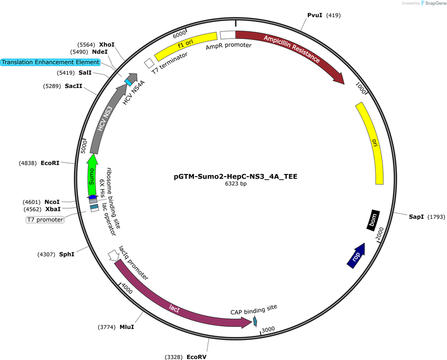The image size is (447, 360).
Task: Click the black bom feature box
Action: (x=373, y=220)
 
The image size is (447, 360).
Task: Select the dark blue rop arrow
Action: (x=356, y=256)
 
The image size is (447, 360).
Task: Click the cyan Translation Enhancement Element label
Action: (x=51, y=62)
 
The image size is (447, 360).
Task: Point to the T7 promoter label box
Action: (x=45, y=220)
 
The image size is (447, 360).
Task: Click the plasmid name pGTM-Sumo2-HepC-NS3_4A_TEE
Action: (x=236, y=177)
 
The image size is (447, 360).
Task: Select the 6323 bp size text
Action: (x=236, y=184)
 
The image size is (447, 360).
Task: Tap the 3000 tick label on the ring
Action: (x=268, y=329)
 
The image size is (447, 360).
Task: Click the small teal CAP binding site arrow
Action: (x=255, y=322)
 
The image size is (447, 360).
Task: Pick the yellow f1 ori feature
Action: (x=186, y=46)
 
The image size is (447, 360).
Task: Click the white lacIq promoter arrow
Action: (x=113, y=256)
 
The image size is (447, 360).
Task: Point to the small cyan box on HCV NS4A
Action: (x=128, y=82)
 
